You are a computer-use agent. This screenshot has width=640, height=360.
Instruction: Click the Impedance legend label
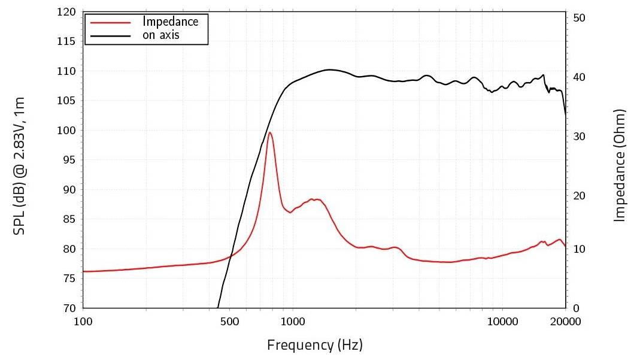click(x=170, y=22)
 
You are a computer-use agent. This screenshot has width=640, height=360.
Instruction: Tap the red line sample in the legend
click(x=110, y=22)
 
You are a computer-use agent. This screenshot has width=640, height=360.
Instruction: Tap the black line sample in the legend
click(x=110, y=35)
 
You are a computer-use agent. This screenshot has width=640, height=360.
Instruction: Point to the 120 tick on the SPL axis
click(x=66, y=12)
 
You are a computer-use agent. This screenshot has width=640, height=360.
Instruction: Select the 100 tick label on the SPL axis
click(x=66, y=131)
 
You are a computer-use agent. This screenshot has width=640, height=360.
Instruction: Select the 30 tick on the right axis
click(x=579, y=137)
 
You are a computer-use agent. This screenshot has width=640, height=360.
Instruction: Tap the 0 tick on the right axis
click(x=577, y=308)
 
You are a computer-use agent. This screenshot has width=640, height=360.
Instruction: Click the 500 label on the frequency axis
click(x=230, y=322)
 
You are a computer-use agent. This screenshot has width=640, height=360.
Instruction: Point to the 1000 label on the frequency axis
click(x=293, y=322)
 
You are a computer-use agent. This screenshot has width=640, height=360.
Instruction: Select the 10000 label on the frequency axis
click(x=503, y=322)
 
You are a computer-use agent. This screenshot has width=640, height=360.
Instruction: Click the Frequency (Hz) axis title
click(x=315, y=345)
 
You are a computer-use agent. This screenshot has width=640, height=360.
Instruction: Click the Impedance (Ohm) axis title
click(x=620, y=165)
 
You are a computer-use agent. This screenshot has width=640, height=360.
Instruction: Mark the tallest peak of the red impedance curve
click(x=270, y=133)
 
